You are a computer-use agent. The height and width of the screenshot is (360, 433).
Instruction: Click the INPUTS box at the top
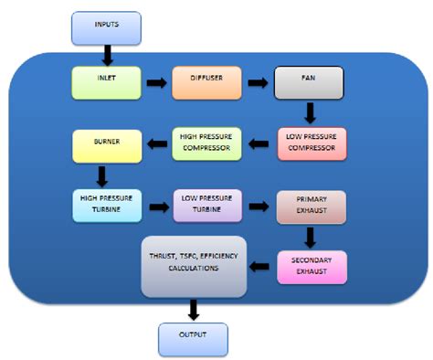tap(107, 28)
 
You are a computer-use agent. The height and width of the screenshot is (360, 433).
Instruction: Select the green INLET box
tap(106, 84)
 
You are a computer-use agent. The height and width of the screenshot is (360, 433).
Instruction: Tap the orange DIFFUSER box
tap(207, 84)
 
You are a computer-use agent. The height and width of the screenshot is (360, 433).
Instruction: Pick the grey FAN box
tap(309, 84)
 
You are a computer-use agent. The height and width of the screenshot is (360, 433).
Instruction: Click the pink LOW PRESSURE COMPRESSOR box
tap(312, 143)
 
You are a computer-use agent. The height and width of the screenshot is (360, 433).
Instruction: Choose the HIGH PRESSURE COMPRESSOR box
tap(207, 143)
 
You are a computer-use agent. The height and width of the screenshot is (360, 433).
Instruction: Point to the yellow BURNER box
tap(106, 144)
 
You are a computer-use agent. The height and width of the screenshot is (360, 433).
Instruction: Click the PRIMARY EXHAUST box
tap(312, 206)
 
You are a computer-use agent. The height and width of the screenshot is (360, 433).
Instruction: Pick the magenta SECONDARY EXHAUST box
tap(312, 267)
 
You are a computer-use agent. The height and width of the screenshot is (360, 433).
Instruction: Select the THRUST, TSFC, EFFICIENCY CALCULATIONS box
tap(194, 265)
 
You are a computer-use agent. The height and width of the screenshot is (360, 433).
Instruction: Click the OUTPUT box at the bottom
tap(192, 338)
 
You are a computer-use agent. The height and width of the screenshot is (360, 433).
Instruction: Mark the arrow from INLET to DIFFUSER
tap(156, 84)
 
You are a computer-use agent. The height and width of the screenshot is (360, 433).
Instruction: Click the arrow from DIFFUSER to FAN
tap(259, 84)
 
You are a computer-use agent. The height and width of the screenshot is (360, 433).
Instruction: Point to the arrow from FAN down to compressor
tap(311, 113)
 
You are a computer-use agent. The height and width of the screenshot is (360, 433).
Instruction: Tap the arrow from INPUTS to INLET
tap(108, 54)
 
